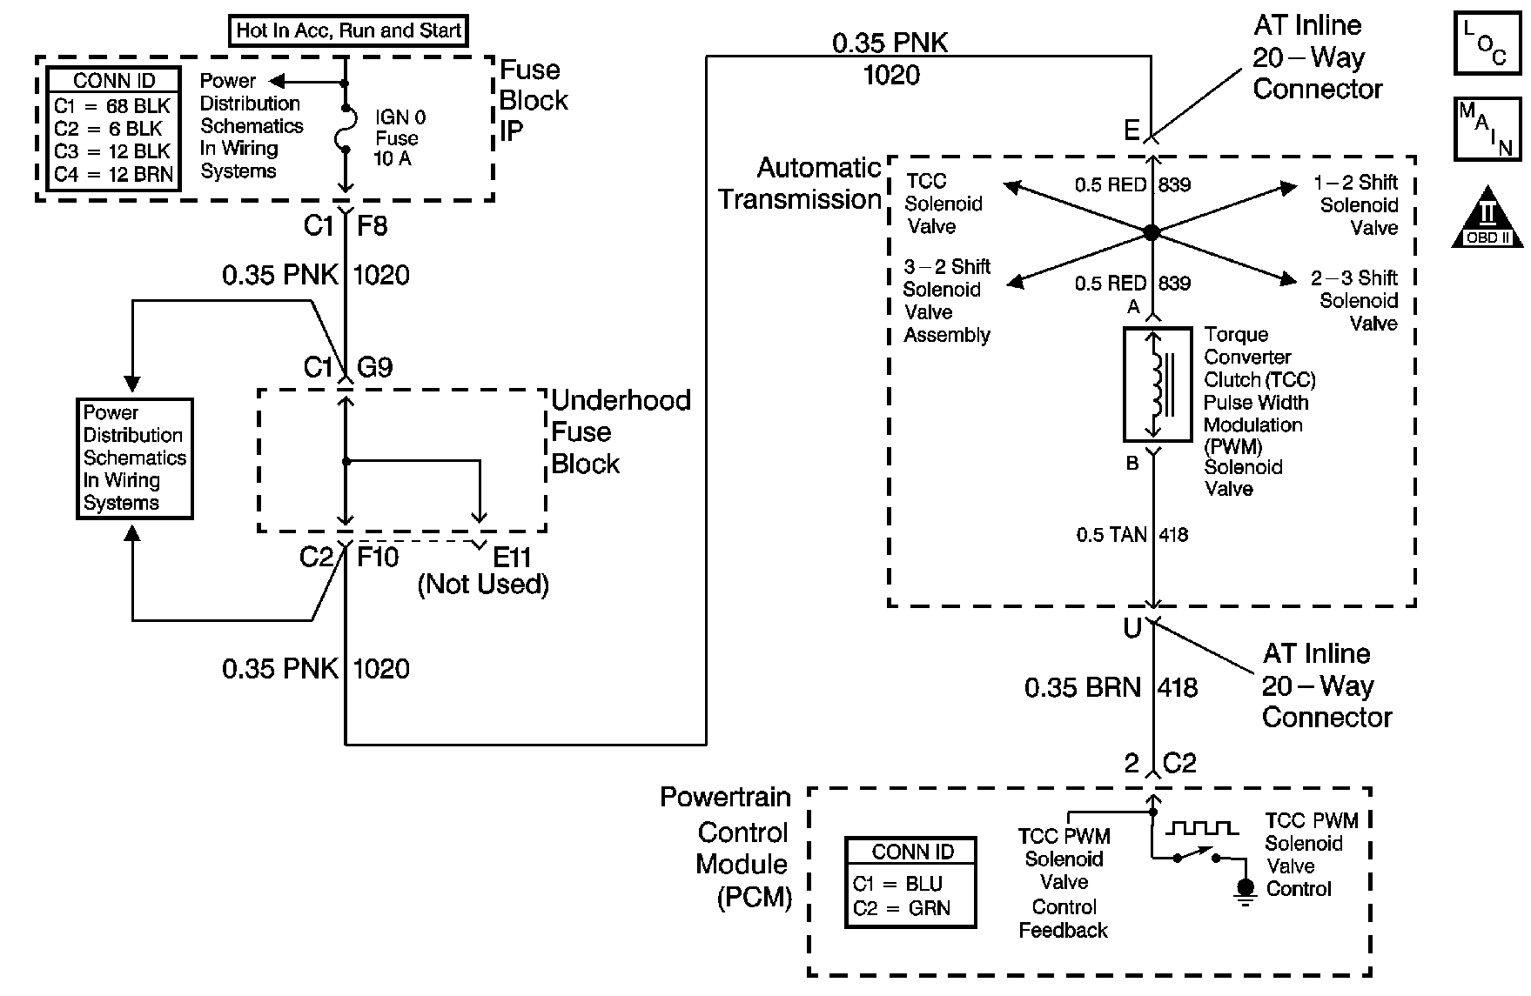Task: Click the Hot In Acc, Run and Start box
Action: pyautogui.click(x=348, y=30)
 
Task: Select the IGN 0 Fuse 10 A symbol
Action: pyautogui.click(x=346, y=128)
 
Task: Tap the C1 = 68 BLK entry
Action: pyautogui.click(x=113, y=106)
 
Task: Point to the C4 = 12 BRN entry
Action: pyautogui.click(x=113, y=174)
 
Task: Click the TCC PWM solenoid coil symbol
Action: pyautogui.click(x=1157, y=384)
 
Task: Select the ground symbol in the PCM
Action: pyautogui.click(x=1246, y=890)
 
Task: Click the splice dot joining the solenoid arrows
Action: pyautogui.click(x=1152, y=232)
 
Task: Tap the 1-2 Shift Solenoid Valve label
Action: pyautogui.click(x=1359, y=205)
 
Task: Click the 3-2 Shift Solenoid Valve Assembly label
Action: pyautogui.click(x=947, y=301)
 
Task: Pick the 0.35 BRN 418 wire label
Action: pyautogui.click(x=1111, y=688)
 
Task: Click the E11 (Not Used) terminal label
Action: pyautogui.click(x=484, y=572)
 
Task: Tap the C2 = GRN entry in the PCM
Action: pyautogui.click(x=902, y=909)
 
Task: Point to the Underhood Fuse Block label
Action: pyautogui.click(x=620, y=432)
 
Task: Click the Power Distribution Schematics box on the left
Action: pyautogui.click(x=134, y=458)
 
